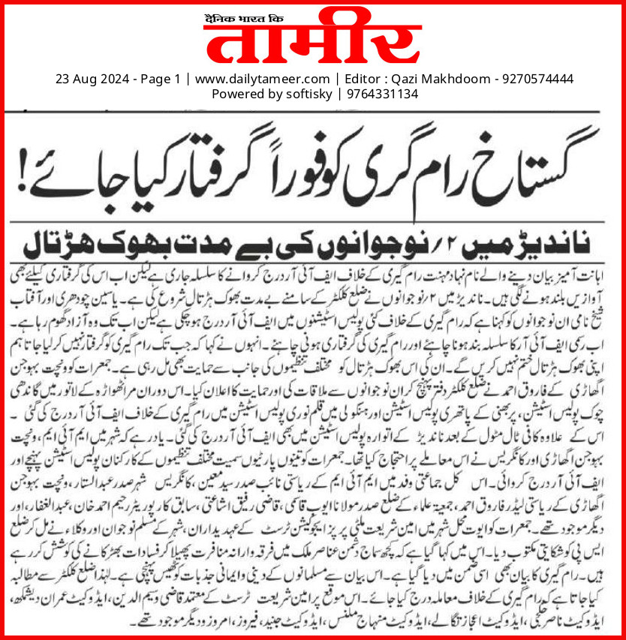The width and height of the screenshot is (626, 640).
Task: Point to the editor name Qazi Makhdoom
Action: click(438, 79)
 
